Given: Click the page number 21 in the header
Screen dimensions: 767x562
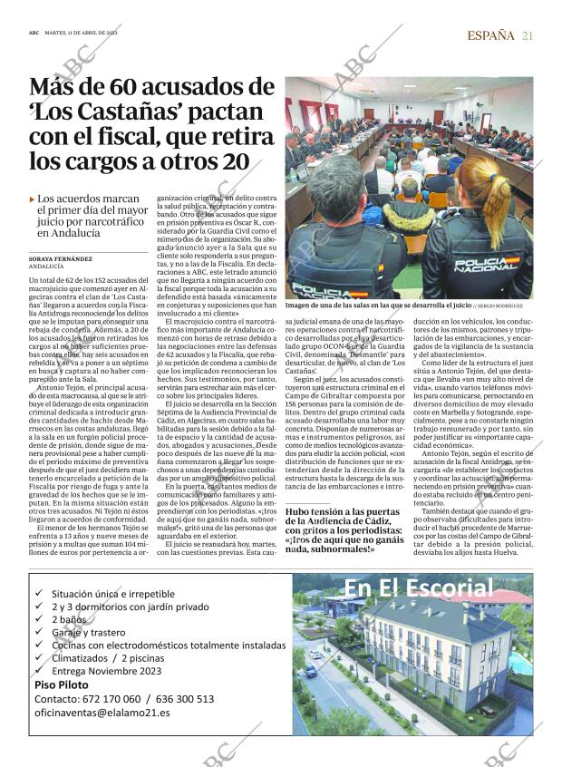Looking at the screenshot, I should [528, 35].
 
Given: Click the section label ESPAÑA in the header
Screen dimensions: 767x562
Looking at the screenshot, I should [490, 35].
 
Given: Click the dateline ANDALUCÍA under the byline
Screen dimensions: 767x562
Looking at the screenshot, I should [47, 267].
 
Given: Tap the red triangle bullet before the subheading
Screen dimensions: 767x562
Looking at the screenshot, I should [33, 199].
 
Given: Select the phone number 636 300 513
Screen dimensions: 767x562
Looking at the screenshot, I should [184, 699].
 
